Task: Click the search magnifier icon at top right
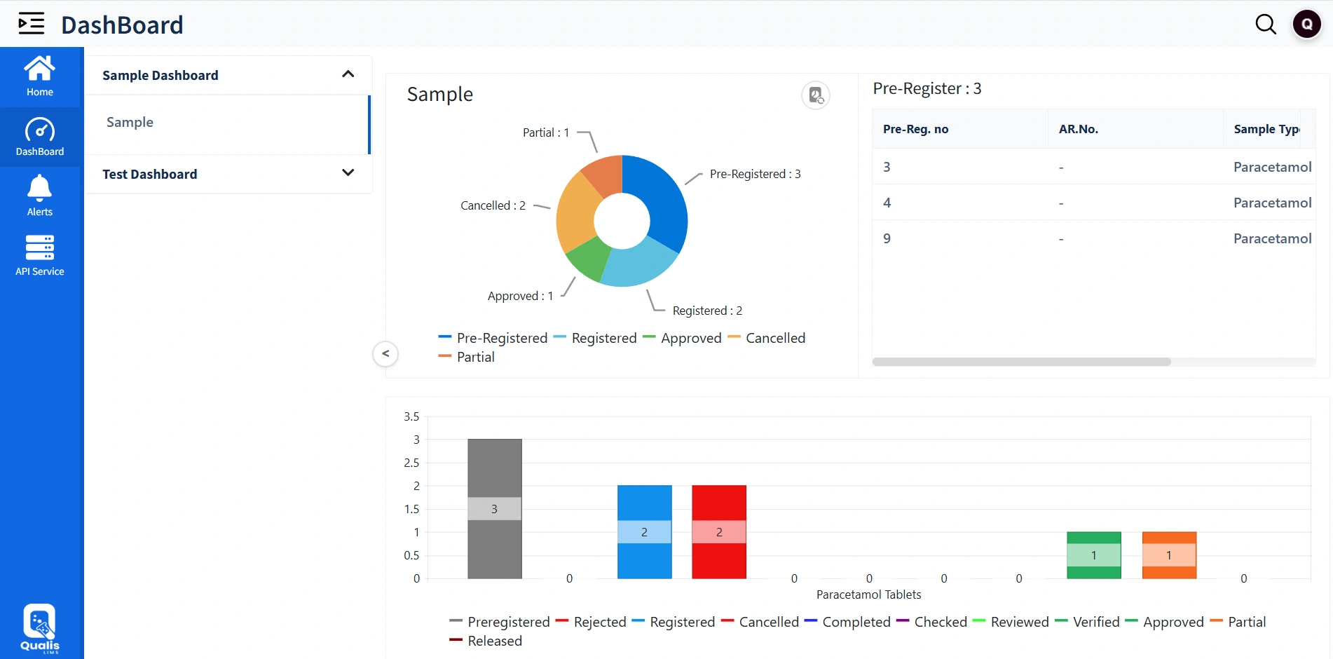(x=1265, y=25)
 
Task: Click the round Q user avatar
(x=1306, y=25)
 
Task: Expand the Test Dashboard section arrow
(x=348, y=173)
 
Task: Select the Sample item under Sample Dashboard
(x=130, y=123)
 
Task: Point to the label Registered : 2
(x=706, y=311)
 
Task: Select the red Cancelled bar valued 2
(x=718, y=505)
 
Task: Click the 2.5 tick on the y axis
(x=411, y=463)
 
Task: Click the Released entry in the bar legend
(x=494, y=641)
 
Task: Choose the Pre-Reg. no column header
(x=915, y=129)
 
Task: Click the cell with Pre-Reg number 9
(x=887, y=238)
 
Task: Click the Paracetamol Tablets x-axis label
(x=868, y=595)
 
